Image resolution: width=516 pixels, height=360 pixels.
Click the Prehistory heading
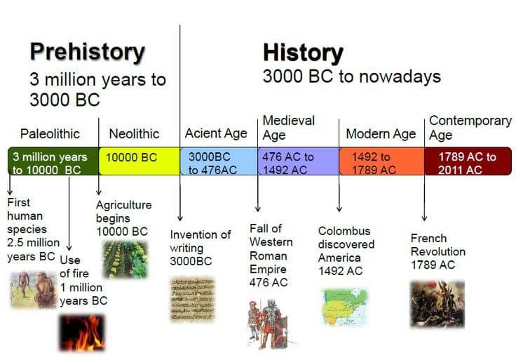coord(87,53)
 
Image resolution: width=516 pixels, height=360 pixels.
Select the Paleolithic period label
coord(50,133)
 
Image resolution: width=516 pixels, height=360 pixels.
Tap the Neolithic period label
coord(134,133)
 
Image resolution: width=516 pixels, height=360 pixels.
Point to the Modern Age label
coord(381,133)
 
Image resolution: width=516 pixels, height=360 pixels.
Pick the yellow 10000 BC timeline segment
coord(139,161)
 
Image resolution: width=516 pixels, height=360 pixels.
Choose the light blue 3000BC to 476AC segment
coord(219,161)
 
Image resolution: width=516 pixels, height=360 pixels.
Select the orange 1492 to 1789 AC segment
coord(381,161)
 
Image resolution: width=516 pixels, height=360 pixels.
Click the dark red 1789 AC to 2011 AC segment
coord(468,161)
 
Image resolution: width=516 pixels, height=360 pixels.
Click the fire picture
coord(81,332)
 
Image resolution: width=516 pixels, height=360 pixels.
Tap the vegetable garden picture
coord(125,260)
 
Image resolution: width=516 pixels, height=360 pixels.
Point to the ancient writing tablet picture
coord(192,300)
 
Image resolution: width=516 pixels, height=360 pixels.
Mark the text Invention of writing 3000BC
coord(200,247)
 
